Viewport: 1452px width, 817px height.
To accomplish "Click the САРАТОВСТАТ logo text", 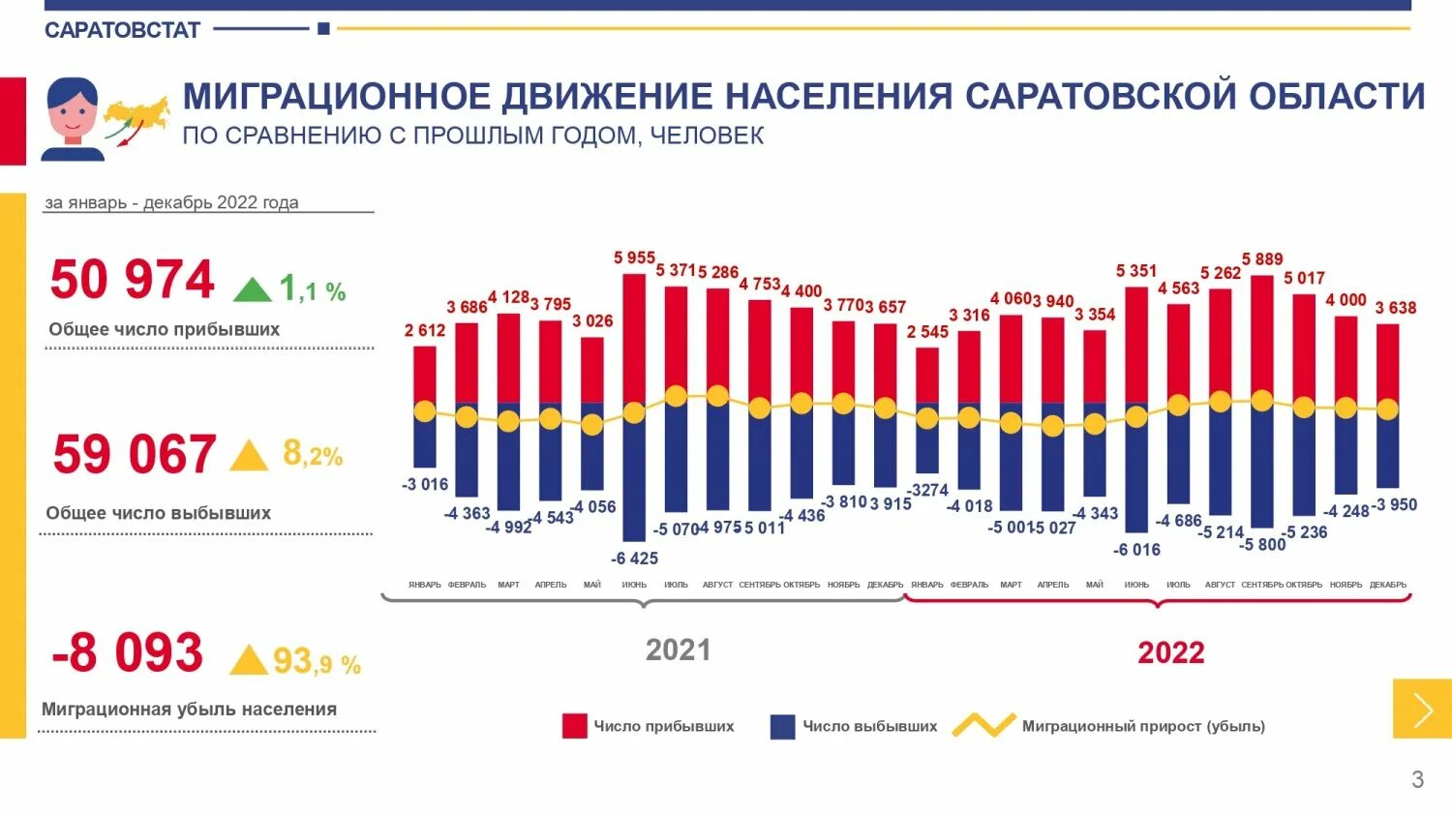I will point(122,30).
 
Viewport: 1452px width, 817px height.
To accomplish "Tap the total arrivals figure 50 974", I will point(132,280).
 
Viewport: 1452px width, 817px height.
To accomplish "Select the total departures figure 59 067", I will point(135,454).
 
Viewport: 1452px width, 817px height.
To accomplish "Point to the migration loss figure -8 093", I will point(127,652).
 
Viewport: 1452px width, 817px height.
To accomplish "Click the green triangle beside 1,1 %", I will point(252,289).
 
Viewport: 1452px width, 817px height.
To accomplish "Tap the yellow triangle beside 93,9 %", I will point(249,660).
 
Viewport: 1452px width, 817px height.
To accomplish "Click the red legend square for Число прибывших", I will point(574,726).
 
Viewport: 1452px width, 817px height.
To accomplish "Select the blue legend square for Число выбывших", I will point(782,726).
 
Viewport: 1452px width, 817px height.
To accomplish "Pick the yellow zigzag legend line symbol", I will point(983,725).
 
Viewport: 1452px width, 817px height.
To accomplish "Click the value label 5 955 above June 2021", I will point(634,257).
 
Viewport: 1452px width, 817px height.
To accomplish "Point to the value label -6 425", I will point(634,559).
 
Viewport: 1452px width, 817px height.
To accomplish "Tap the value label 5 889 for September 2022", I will point(1262,258).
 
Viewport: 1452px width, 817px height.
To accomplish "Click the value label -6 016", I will point(1136,550).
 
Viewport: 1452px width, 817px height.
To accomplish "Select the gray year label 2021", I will point(678,650).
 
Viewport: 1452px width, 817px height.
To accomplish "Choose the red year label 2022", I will point(1171,652).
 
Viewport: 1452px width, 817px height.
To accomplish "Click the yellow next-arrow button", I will point(1422,709).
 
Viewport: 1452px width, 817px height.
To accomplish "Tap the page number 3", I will point(1417,779).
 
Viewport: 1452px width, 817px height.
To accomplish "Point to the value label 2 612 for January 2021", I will point(425,330).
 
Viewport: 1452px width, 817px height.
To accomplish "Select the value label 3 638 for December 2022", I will point(1395,308).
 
